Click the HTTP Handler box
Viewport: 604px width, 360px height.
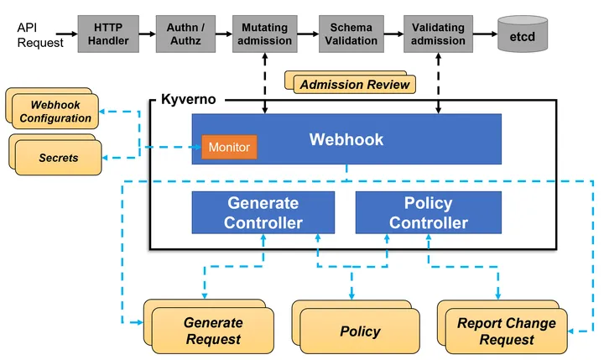coord(107,34)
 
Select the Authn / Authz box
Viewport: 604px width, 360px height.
coord(185,34)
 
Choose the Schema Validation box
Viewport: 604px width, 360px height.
coord(351,34)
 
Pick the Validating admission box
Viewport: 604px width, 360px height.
coord(438,34)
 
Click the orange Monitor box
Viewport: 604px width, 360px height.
coord(229,148)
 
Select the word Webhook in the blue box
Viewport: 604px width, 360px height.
coord(346,139)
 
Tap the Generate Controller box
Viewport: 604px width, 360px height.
coord(263,213)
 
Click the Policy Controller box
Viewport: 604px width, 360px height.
coord(428,213)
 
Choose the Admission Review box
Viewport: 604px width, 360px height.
coord(355,84)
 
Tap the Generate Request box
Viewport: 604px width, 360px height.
coord(213,331)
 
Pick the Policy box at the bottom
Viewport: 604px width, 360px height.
coord(360,331)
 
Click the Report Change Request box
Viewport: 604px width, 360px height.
coord(506,331)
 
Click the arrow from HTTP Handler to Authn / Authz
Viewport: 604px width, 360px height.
coord(146,34)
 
